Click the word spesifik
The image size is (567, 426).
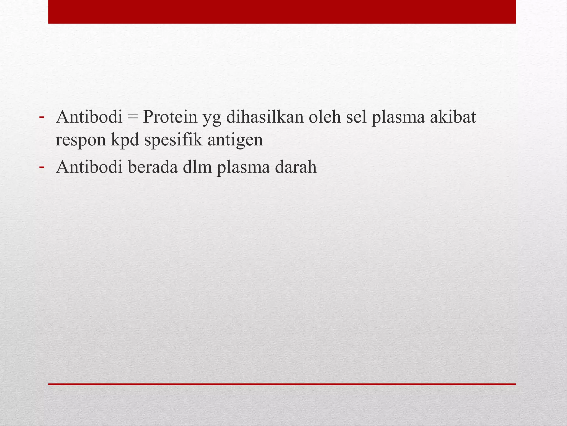click(x=174, y=140)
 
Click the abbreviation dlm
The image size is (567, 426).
click(x=198, y=167)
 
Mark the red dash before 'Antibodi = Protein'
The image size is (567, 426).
click(x=42, y=117)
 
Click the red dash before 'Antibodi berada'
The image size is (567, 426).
click(x=42, y=167)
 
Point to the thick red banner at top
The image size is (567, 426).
click(x=282, y=12)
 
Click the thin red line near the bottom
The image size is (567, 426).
click(x=282, y=384)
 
